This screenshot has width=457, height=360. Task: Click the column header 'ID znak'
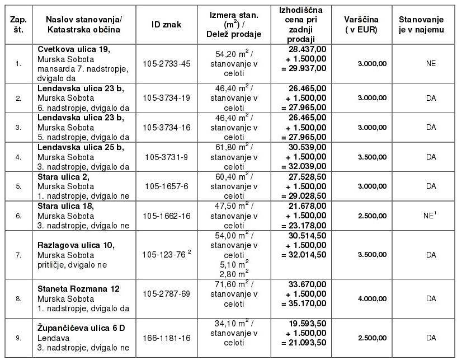pos(166,25)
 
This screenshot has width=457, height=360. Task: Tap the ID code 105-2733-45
pos(167,63)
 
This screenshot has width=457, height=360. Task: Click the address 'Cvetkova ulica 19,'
pos(74,49)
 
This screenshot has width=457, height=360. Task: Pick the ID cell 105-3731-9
pos(167,157)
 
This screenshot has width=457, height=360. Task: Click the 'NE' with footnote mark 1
pos(430,215)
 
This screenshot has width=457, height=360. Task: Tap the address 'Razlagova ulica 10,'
pos(76,245)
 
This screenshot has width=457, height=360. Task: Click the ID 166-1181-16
pos(167,338)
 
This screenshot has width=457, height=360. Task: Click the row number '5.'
pos(18,186)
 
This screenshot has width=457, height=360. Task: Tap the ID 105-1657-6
pos(167,186)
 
